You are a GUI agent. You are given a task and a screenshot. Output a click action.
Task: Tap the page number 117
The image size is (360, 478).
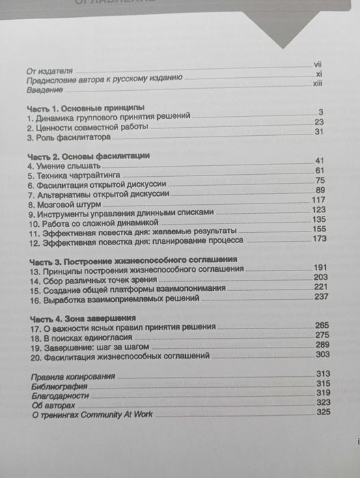[x=318, y=199]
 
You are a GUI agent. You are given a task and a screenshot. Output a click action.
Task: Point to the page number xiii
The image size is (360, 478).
[x=317, y=83]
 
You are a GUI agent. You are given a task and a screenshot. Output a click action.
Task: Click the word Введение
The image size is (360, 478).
[x=44, y=91]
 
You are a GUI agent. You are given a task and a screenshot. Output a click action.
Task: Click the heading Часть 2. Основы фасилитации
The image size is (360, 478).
[x=89, y=156]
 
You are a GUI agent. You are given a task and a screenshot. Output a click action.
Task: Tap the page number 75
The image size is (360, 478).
[x=319, y=180]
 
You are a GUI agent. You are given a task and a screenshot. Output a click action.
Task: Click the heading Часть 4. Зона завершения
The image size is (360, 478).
[x=83, y=318]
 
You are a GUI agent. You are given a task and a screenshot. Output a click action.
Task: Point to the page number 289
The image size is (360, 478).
[x=321, y=346]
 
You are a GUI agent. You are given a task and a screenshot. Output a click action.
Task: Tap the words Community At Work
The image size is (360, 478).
[x=122, y=414]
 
